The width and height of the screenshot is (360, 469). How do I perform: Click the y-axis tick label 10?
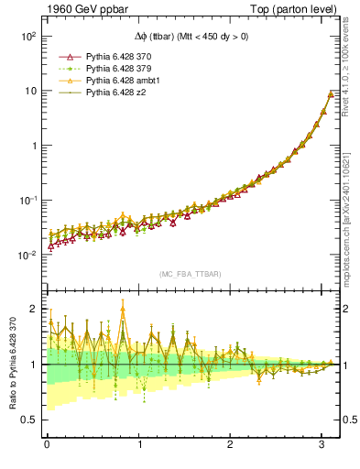pos(29,91)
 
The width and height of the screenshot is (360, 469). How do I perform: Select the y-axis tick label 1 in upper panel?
pos(33,146)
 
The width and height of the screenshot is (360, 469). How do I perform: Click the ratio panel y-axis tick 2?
pos(33,310)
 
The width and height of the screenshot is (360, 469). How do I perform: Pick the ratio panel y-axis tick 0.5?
pos(29,420)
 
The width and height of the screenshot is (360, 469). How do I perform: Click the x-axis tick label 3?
pos(322,446)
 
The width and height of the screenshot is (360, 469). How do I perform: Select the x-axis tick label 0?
pos(46,446)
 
